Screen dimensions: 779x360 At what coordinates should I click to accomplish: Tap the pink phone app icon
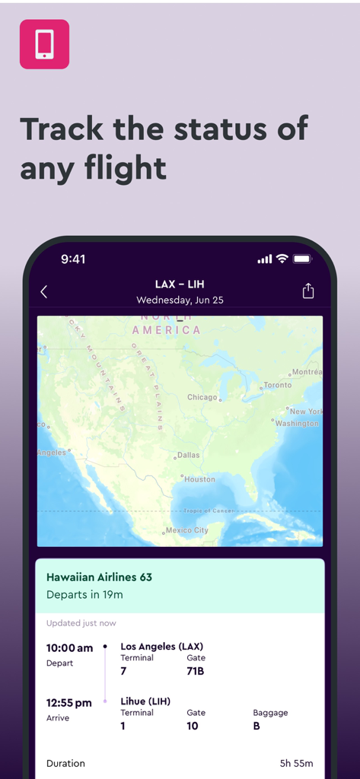pos(44,44)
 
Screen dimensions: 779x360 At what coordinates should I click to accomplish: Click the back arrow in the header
pos(44,291)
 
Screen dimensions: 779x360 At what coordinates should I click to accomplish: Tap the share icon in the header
pos(308,291)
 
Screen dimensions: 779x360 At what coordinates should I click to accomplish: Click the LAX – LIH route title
pos(180,285)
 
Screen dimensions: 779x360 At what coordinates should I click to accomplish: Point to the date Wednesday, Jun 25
pos(180,300)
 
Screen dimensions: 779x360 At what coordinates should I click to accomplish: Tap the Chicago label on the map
pos(202,397)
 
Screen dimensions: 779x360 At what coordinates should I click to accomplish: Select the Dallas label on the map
pos(188,455)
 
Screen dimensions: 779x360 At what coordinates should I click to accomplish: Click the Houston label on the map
pos(199,479)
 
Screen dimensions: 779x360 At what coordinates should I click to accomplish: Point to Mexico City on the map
pos(186,530)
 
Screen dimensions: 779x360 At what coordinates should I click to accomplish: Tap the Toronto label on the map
pos(277,385)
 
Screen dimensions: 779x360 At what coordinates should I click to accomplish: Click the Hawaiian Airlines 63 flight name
pos(99,577)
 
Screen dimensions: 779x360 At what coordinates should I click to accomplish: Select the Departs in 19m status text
pos(84,594)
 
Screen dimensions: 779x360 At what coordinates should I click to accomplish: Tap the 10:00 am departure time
pos(69,648)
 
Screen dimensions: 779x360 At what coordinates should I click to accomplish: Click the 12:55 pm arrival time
pos(68,703)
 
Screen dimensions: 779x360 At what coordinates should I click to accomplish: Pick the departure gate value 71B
pos(196,671)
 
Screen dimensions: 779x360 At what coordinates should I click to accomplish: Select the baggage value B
pos(256,726)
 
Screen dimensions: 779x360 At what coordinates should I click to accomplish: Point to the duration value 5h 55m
pos(297,763)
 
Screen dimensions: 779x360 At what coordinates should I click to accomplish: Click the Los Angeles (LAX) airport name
pos(161,647)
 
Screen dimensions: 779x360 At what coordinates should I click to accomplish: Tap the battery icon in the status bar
pos(303,259)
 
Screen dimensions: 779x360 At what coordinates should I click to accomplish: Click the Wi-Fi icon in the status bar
pos(282,259)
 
